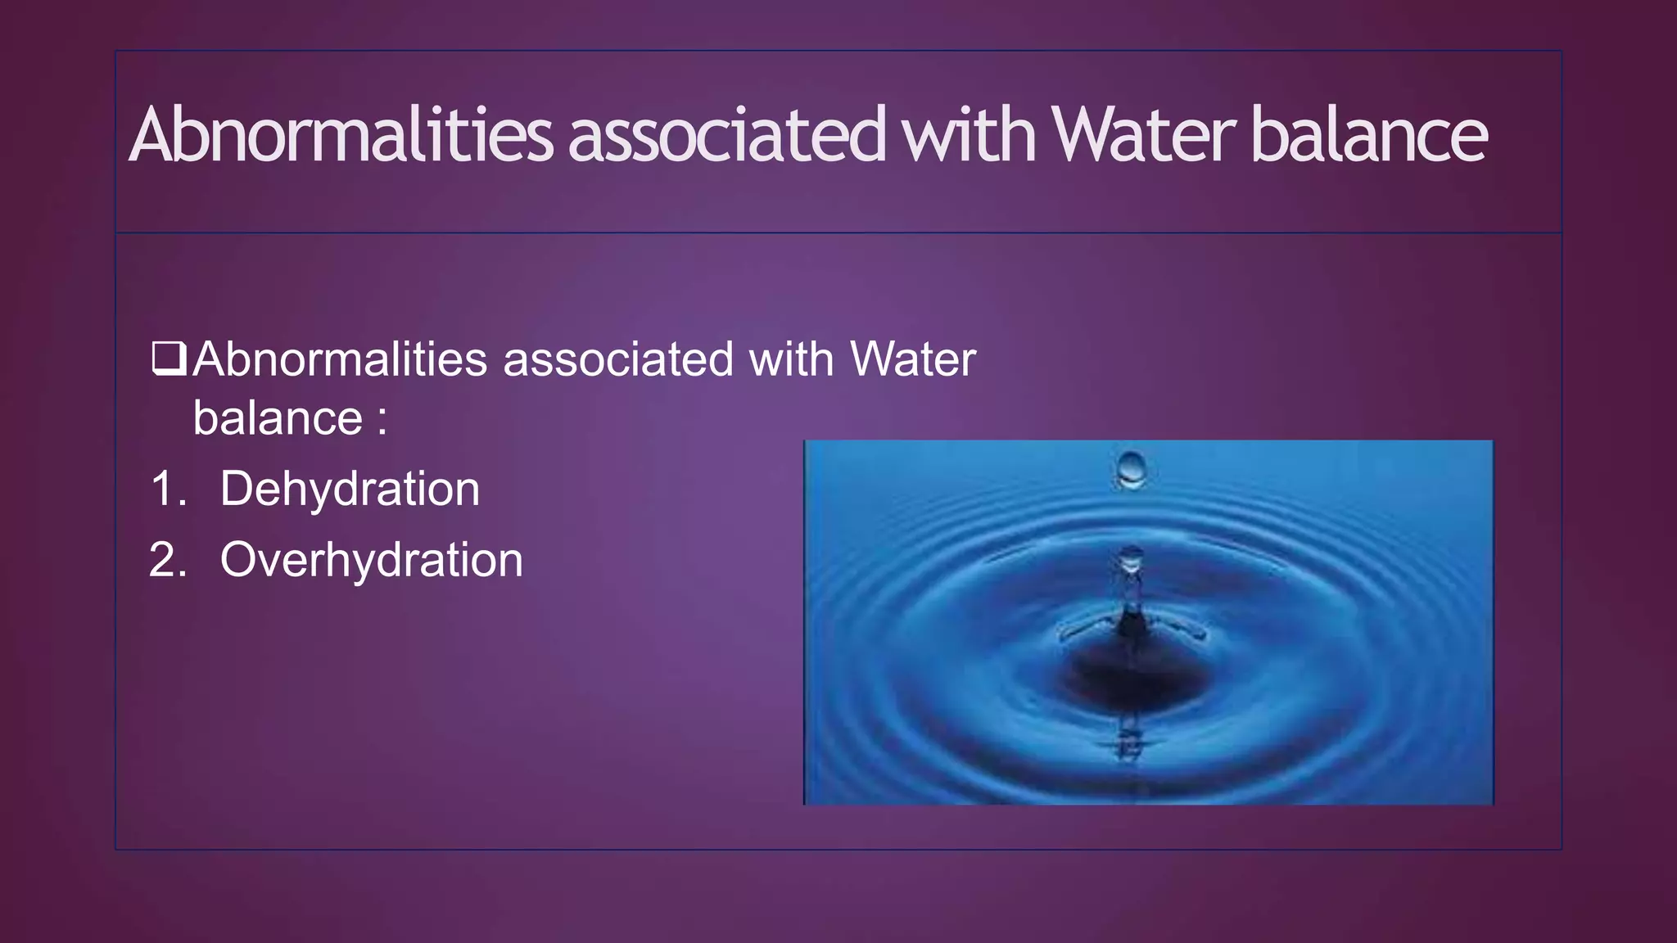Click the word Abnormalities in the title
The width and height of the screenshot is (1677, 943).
click(341, 135)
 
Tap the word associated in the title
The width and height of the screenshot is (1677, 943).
click(727, 135)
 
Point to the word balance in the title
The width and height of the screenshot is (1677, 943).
click(1369, 135)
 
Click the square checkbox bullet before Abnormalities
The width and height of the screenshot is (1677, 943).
click(170, 359)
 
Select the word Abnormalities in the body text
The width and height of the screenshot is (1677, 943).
click(340, 359)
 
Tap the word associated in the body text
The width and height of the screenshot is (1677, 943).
click(618, 359)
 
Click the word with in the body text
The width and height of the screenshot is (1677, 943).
click(791, 359)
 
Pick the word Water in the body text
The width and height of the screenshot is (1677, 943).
click(913, 359)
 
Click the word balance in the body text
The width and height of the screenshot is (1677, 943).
click(278, 418)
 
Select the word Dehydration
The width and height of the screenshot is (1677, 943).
click(350, 489)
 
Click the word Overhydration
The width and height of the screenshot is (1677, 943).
click(371, 560)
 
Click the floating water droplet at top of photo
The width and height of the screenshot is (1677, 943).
click(1132, 469)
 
